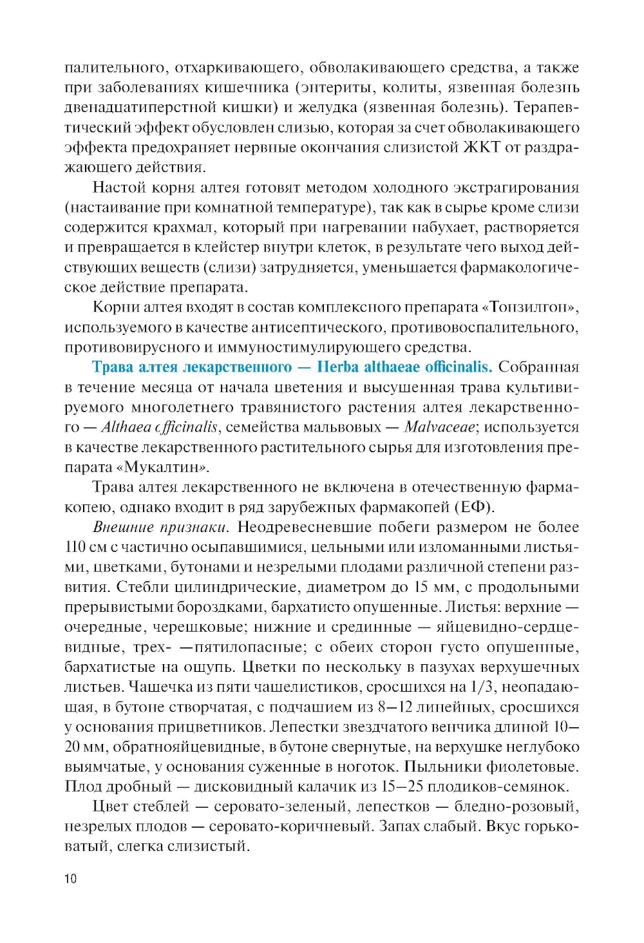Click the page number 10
(x=70, y=879)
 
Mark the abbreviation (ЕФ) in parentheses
(x=475, y=508)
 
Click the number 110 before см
(x=75, y=548)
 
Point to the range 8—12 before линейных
(x=395, y=707)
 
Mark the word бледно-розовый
(x=516, y=806)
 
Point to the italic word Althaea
(x=126, y=427)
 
